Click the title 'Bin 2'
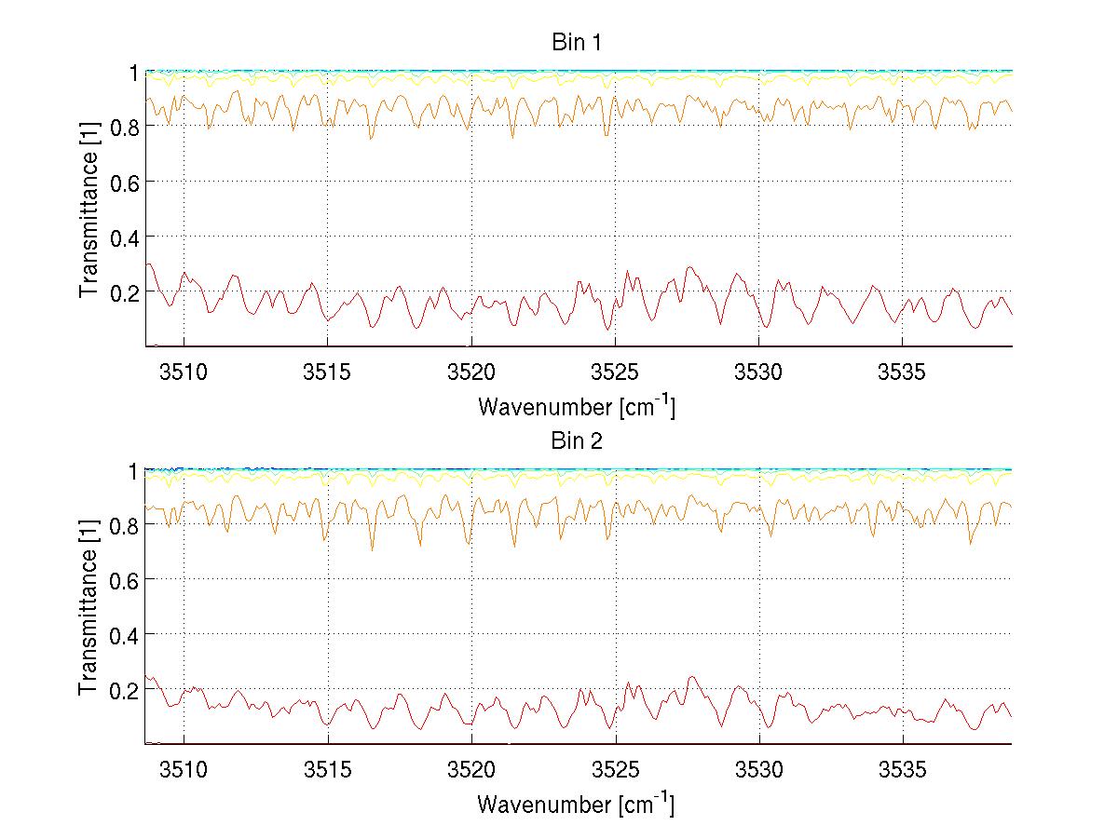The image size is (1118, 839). pyautogui.click(x=577, y=441)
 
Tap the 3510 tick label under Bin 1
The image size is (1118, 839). pyautogui.click(x=184, y=373)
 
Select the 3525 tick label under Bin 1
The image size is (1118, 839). pyautogui.click(x=616, y=373)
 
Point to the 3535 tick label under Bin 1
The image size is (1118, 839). pyautogui.click(x=904, y=373)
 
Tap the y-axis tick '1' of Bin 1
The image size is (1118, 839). pyautogui.click(x=134, y=72)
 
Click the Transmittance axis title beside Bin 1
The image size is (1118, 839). pyautogui.click(x=89, y=209)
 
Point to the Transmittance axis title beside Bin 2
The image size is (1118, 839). pyautogui.click(x=89, y=607)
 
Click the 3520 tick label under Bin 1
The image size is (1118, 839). pyautogui.click(x=471, y=373)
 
